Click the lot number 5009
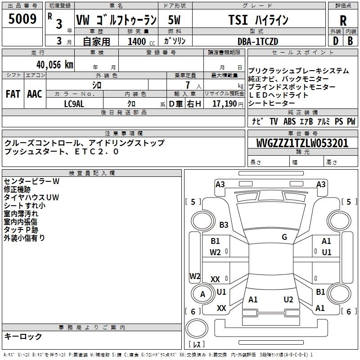(x=22, y=18)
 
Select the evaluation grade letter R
(x=343, y=21)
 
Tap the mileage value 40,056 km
(x=54, y=65)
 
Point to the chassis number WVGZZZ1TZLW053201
(x=302, y=143)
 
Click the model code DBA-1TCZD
(x=258, y=41)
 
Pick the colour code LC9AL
(x=74, y=104)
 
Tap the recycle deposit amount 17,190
(x=224, y=104)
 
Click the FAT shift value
(x=13, y=94)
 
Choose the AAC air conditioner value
(x=35, y=94)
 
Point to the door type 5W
(x=174, y=20)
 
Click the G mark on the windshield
(x=284, y=237)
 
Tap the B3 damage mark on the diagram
(x=224, y=225)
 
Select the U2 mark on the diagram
(x=288, y=300)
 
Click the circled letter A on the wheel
(x=202, y=294)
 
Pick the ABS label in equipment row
(x=289, y=121)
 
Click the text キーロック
(x=23, y=336)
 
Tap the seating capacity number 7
(x=188, y=85)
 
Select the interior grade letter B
(x=350, y=41)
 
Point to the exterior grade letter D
(x=336, y=41)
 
